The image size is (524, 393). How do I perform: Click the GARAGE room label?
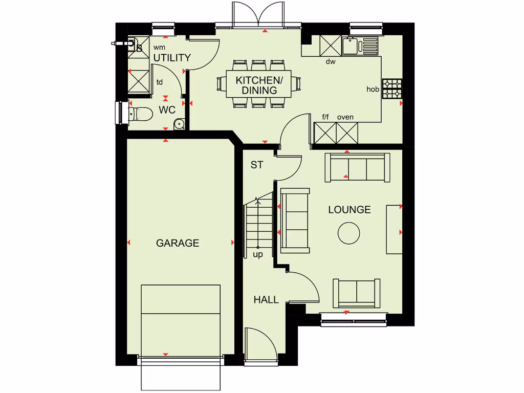click(x=178, y=243)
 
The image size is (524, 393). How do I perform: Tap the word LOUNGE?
click(x=350, y=210)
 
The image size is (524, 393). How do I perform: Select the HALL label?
click(x=266, y=300)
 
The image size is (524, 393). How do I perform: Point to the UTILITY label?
click(x=172, y=58)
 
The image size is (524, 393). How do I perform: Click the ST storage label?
click(x=256, y=165)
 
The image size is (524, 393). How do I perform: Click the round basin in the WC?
click(x=179, y=123)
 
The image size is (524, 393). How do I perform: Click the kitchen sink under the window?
click(x=351, y=46)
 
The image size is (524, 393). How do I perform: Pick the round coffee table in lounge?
click(x=349, y=233)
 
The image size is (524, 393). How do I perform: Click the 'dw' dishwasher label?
click(x=331, y=62)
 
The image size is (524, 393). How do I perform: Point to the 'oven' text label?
click(x=345, y=117)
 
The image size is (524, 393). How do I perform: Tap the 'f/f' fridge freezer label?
click(x=325, y=117)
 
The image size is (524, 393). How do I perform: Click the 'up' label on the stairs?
click(x=257, y=254)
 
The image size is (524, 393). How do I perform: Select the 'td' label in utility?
click(x=160, y=82)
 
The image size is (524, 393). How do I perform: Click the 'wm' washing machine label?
click(x=159, y=47)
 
